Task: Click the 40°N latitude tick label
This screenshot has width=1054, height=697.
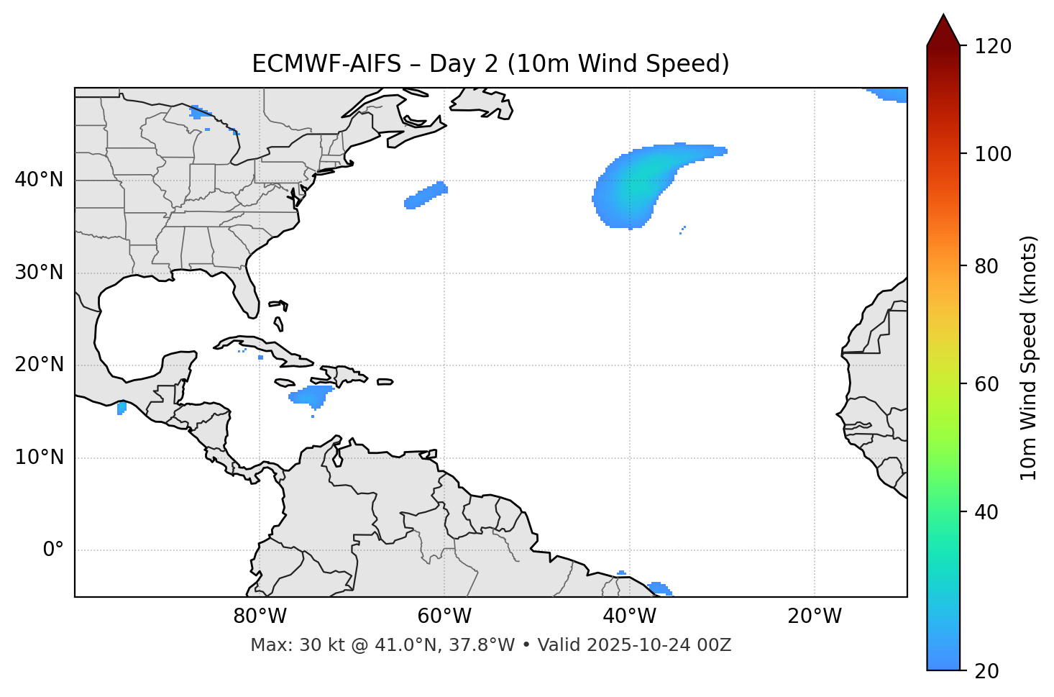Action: coord(39,180)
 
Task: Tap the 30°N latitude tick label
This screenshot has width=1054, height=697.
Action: coord(39,273)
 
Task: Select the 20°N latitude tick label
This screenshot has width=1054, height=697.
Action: coord(39,365)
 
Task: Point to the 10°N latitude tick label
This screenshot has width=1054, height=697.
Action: coord(39,457)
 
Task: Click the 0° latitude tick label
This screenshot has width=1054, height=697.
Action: coord(52,550)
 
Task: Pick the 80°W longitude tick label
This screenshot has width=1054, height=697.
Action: coord(260,616)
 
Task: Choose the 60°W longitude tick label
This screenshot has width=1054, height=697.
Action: coord(444,616)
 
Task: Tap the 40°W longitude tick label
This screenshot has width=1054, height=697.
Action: coord(630,616)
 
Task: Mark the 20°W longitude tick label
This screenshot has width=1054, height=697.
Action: coord(815,616)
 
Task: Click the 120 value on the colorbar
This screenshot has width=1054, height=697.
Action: coord(994,47)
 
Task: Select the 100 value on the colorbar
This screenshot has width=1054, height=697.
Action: coord(994,154)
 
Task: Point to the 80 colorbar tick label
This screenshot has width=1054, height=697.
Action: coord(989,266)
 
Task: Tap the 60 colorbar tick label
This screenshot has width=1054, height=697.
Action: coord(989,384)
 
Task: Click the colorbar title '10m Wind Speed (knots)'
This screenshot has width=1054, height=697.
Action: coord(1029,357)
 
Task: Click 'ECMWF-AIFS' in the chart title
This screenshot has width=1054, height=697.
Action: coord(326,64)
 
